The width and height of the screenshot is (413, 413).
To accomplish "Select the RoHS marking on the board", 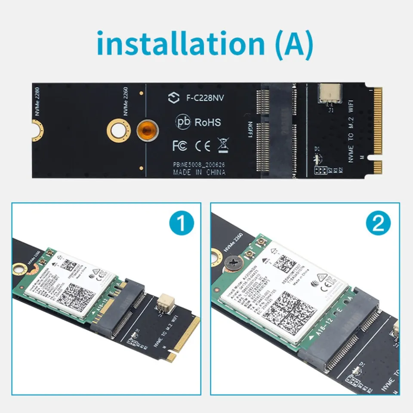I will pos(208,123).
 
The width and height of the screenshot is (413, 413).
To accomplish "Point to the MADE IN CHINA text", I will pos(199,172).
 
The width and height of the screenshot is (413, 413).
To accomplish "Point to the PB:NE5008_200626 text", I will pos(199,165).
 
